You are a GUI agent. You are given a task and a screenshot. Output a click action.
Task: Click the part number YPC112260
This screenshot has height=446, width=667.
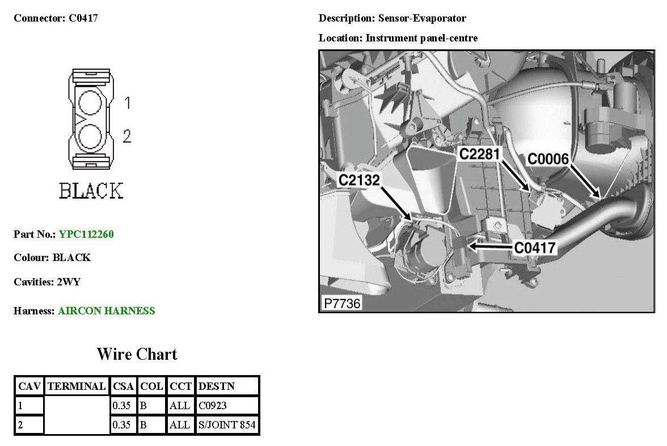pyautogui.click(x=86, y=234)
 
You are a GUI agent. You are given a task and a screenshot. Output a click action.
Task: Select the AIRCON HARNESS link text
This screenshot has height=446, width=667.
pyautogui.click(x=106, y=311)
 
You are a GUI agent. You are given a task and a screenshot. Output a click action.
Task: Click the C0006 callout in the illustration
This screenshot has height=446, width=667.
pyautogui.click(x=548, y=159)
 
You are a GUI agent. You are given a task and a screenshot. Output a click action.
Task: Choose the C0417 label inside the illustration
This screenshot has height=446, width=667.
pyautogui.click(x=535, y=247)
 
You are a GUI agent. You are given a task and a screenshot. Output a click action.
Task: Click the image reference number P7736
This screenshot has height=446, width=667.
pyautogui.click(x=342, y=304)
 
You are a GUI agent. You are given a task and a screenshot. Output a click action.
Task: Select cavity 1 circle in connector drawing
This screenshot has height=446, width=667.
pyautogui.click(x=90, y=103)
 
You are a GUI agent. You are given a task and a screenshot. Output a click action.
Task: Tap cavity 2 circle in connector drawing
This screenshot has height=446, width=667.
pyautogui.click(x=90, y=136)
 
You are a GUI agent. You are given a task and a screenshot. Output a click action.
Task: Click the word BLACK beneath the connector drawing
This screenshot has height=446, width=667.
pyautogui.click(x=91, y=191)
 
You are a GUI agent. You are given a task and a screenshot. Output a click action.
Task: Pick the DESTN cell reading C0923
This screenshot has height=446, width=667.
pyautogui.click(x=212, y=406)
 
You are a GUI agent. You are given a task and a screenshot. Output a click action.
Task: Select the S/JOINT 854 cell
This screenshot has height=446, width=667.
pyautogui.click(x=227, y=425)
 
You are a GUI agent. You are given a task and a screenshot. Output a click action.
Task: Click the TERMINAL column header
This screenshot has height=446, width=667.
pyautogui.click(x=77, y=386)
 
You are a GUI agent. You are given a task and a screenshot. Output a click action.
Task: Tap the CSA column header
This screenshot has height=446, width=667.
pyautogui.click(x=123, y=386)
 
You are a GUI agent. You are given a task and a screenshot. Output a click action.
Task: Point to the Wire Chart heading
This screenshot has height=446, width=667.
pyautogui.click(x=137, y=355)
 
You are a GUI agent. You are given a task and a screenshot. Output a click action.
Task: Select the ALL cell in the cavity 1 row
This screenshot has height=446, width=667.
pyautogui.click(x=180, y=406)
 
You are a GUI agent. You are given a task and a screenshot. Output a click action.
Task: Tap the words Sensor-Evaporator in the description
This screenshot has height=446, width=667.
pyautogui.click(x=423, y=18)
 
